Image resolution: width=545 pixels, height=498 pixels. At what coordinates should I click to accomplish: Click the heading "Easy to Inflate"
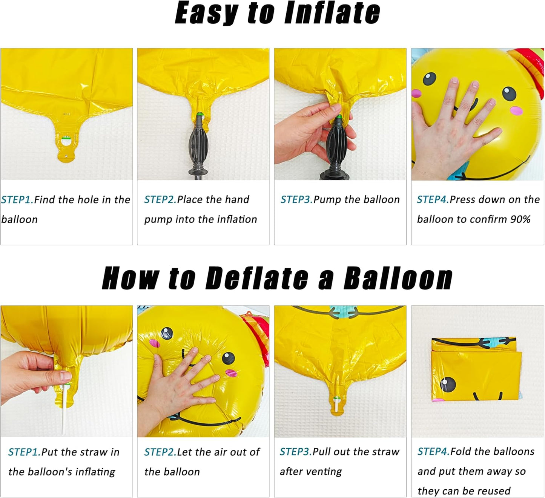(x=277, y=14)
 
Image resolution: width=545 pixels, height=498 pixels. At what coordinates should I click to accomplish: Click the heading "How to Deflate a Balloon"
(x=277, y=278)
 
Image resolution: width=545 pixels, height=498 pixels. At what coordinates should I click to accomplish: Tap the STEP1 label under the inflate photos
(x=17, y=199)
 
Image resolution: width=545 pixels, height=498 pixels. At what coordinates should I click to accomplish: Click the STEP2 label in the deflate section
(x=160, y=452)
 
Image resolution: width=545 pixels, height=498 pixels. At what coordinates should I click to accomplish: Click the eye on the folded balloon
(x=448, y=384)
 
